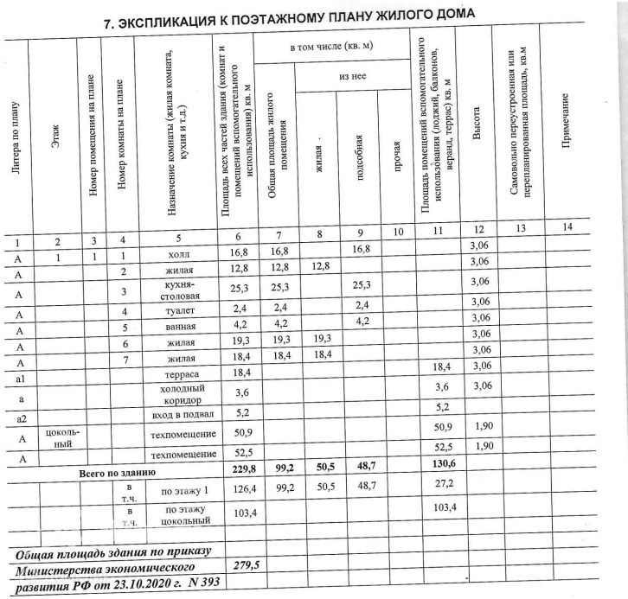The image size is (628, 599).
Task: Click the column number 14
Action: point(567,226)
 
